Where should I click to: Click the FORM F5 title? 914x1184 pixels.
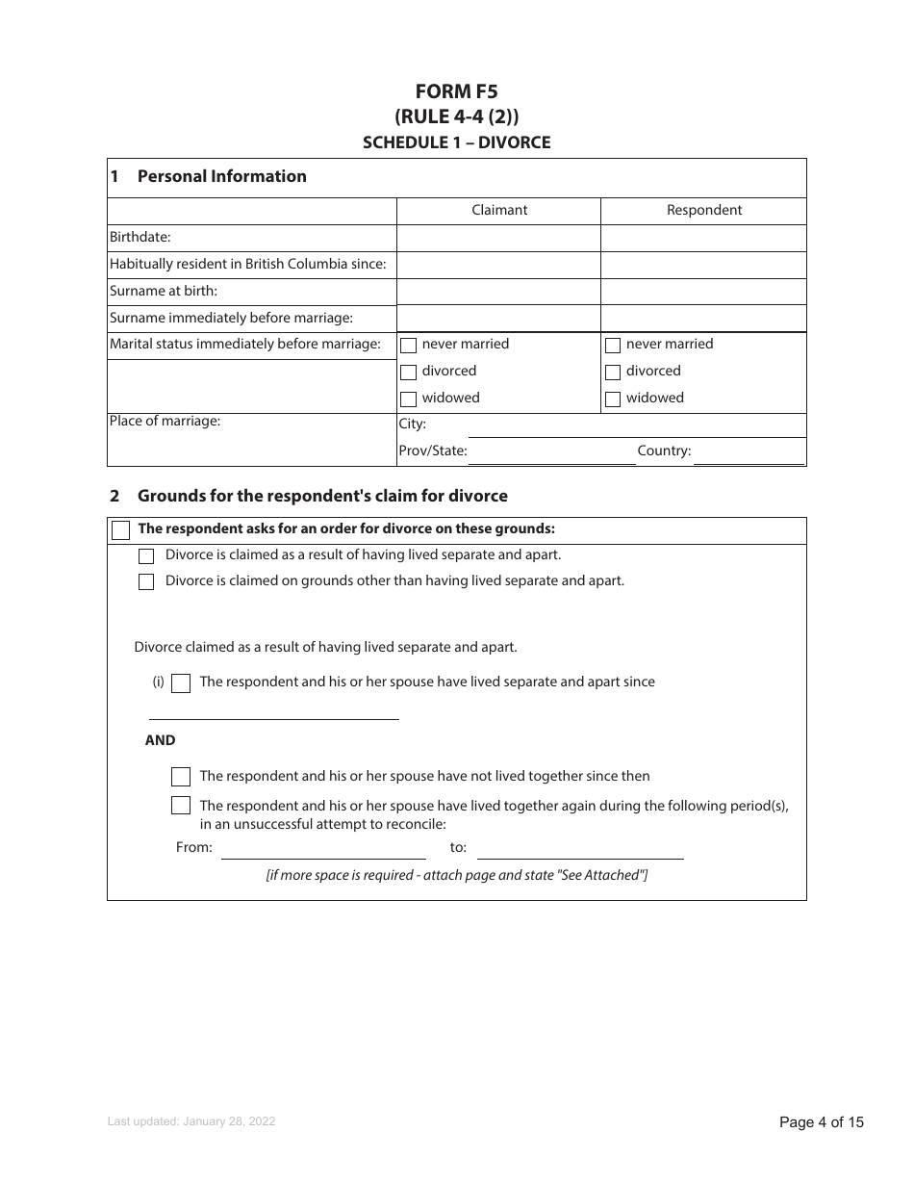[456, 91]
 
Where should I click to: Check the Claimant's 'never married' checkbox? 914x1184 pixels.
[409, 346]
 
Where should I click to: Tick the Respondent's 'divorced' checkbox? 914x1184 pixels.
[613, 373]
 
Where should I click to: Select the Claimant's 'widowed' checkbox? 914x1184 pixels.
[409, 399]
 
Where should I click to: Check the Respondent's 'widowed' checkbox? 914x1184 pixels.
[613, 399]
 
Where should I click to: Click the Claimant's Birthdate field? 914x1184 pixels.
[498, 238]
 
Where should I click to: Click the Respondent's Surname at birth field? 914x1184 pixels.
[703, 292]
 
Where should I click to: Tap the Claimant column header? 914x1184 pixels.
[498, 210]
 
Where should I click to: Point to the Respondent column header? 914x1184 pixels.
[703, 210]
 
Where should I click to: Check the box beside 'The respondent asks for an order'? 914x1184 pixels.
[121, 530]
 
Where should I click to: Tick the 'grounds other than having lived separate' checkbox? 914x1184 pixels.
[146, 581]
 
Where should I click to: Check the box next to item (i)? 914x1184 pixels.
[181, 683]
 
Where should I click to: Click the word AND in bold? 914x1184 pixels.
[160, 740]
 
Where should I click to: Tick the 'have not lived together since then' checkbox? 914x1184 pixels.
[181, 777]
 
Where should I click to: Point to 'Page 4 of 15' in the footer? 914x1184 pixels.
[821, 1121]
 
